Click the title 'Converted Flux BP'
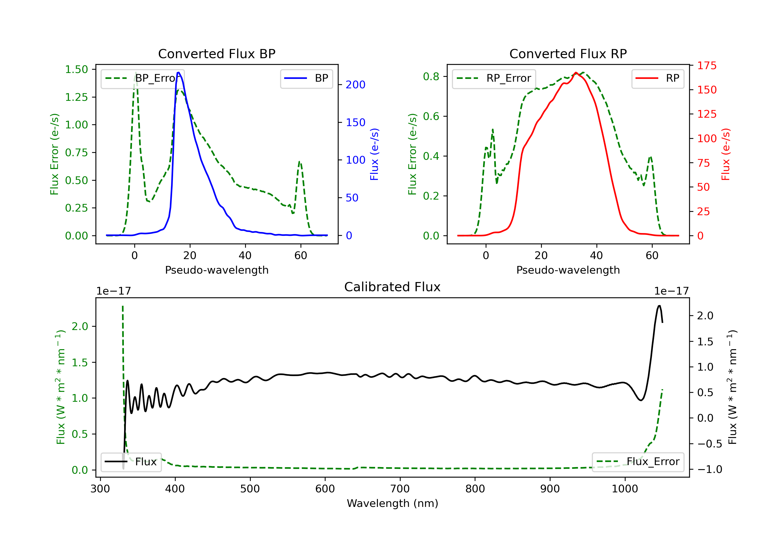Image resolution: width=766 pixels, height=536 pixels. (217, 54)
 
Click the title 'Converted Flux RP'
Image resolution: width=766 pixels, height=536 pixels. (568, 54)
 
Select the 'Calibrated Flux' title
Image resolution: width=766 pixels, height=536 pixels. (392, 287)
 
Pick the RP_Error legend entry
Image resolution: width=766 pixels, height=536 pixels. (494, 78)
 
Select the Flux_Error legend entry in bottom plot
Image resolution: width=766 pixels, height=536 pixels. (638, 462)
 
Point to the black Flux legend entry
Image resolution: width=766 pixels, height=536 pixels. (131, 462)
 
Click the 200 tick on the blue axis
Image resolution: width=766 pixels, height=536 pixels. (355, 85)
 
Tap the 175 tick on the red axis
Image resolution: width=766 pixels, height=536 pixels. (707, 66)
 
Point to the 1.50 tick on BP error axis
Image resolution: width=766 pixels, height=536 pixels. (76, 69)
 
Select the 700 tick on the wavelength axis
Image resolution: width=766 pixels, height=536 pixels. (400, 489)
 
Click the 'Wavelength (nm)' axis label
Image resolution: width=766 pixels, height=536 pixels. (392, 503)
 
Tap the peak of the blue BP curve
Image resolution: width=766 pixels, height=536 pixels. (178, 72)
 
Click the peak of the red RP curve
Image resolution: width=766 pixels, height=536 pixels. (576, 72)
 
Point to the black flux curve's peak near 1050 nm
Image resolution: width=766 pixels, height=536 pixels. (659, 306)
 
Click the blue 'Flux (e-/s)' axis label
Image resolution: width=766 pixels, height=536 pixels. (374, 154)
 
